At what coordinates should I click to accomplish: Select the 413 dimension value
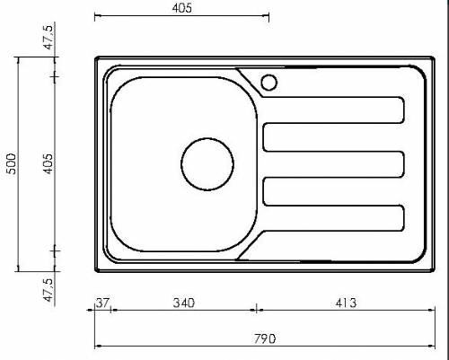(x=346, y=303)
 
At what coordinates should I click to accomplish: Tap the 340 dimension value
(x=182, y=303)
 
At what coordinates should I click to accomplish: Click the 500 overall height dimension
(x=12, y=162)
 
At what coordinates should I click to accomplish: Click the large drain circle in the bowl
(x=207, y=164)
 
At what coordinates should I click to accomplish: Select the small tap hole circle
(x=269, y=83)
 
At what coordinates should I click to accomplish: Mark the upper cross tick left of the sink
(x=56, y=78)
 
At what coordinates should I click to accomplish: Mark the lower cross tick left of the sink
(x=56, y=249)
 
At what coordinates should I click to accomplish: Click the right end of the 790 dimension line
(x=434, y=347)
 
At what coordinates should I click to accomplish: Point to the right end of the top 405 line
(x=269, y=16)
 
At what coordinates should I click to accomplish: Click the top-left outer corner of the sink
(x=96, y=57)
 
